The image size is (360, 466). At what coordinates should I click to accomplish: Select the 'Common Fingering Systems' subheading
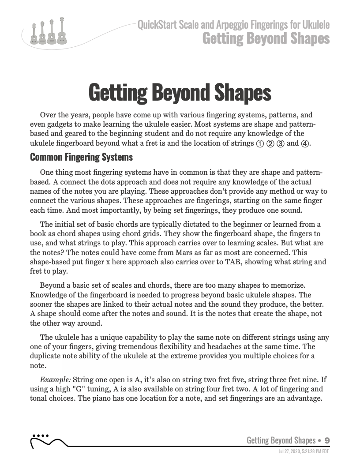81,157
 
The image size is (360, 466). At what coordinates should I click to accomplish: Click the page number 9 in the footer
327,440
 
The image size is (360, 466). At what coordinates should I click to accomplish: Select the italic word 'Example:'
55,380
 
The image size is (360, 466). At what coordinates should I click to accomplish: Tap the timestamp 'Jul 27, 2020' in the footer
291,451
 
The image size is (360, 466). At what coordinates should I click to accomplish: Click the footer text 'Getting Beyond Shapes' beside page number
281,440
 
